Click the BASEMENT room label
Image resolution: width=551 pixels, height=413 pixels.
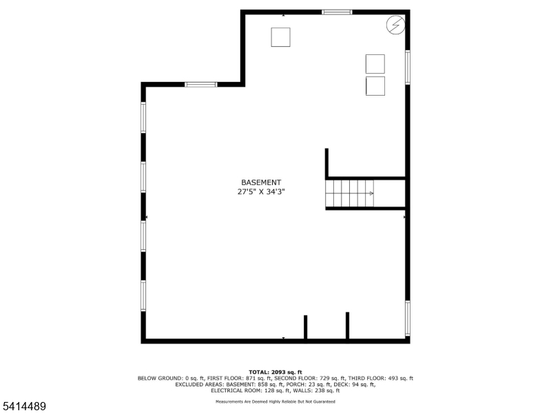[x=261, y=182]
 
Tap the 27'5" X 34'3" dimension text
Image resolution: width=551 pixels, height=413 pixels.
[x=261, y=193]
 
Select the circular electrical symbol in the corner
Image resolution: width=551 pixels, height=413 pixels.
[x=395, y=25]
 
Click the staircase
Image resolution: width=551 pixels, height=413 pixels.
[x=350, y=193]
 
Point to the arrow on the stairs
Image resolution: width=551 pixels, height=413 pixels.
[x=371, y=193]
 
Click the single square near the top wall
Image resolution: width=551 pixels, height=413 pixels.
[x=280, y=36]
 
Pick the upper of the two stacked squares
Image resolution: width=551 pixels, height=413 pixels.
[x=375, y=63]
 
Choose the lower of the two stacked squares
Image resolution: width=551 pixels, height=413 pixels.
[x=375, y=86]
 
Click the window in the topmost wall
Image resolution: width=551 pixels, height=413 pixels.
[x=337, y=12]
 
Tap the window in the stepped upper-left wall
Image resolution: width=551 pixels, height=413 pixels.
[x=200, y=84]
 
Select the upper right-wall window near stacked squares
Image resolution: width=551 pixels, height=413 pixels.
[x=408, y=68]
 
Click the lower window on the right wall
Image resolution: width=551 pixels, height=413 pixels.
[x=408, y=317]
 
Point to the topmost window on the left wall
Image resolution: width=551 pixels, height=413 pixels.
[x=143, y=117]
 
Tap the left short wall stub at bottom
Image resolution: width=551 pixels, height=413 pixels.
[x=306, y=326]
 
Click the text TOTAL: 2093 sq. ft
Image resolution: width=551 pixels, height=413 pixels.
[x=275, y=372]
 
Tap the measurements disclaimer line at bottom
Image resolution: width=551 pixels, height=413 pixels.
[x=275, y=401]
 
